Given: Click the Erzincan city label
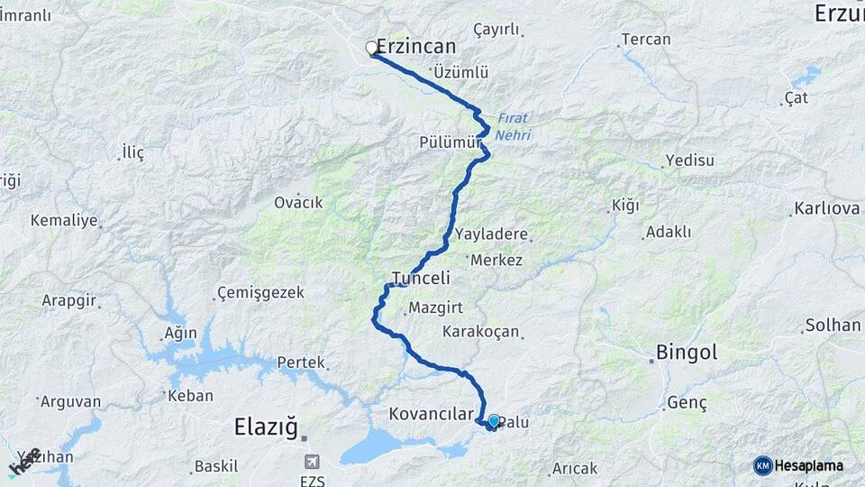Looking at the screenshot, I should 415,46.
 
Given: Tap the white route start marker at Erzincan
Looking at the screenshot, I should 371,48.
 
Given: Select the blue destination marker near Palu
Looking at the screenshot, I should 494,420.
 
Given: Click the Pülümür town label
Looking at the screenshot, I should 446,142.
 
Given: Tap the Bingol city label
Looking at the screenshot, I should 687,352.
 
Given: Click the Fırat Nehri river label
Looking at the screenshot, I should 514,126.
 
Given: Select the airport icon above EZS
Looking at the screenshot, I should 312,460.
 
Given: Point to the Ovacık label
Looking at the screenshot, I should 298,202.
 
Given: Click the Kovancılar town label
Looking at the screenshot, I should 431,414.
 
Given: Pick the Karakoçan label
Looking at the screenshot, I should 481,332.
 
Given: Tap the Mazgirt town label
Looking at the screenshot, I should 435,308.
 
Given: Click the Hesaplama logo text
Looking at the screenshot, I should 808,465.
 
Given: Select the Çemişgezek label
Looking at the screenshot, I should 261,293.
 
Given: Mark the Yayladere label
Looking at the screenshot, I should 491,234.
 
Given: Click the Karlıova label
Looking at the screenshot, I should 826,209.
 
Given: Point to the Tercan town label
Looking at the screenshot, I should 646,40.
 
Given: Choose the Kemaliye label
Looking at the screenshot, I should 63,220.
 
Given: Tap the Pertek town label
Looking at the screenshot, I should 301,363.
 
